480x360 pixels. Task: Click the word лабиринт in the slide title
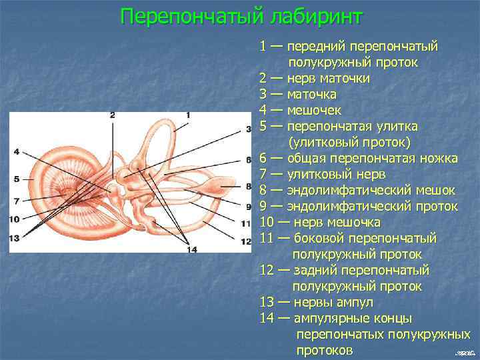[x=314, y=16]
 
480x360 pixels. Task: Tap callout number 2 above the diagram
[x=113, y=115]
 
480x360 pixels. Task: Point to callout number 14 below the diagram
[x=193, y=250]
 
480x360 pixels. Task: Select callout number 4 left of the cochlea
[x=16, y=150]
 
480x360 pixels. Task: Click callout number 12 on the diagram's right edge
[x=246, y=241]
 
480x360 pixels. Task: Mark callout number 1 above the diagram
[x=188, y=115]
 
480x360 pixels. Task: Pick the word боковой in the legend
[x=313, y=238]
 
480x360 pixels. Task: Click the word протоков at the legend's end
[x=325, y=350]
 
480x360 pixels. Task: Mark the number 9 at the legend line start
[x=264, y=206]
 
